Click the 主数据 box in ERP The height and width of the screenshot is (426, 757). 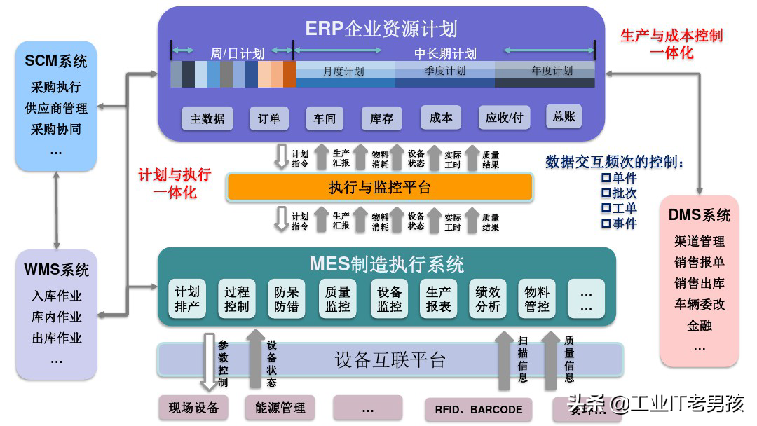pyautogui.click(x=208, y=118)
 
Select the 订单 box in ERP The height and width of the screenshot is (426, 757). pyautogui.click(x=268, y=118)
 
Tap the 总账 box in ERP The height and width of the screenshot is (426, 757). pyautogui.click(x=564, y=117)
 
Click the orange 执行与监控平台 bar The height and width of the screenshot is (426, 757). pyautogui.click(x=379, y=187)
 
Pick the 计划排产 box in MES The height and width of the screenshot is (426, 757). pyautogui.click(x=187, y=299)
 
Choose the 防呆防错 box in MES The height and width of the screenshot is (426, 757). pyautogui.click(x=286, y=299)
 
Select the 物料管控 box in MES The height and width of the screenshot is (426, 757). pyautogui.click(x=537, y=299)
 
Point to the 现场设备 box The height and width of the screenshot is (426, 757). pyautogui.click(x=193, y=408)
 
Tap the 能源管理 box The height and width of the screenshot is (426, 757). pyautogui.click(x=280, y=408)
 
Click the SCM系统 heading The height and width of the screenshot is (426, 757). pyautogui.click(x=56, y=62)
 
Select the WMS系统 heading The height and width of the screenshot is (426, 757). pyautogui.click(x=56, y=270)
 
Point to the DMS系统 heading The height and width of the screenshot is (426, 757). pyautogui.click(x=699, y=215)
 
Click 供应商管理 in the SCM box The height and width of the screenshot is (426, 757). pyautogui.click(x=56, y=109)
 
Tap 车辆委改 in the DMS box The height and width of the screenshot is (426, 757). pyautogui.click(x=699, y=304)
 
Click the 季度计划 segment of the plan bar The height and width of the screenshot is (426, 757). pyautogui.click(x=444, y=71)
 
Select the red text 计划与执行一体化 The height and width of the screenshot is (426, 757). pyautogui.click(x=174, y=184)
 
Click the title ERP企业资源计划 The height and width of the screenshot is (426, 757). pyautogui.click(x=381, y=28)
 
